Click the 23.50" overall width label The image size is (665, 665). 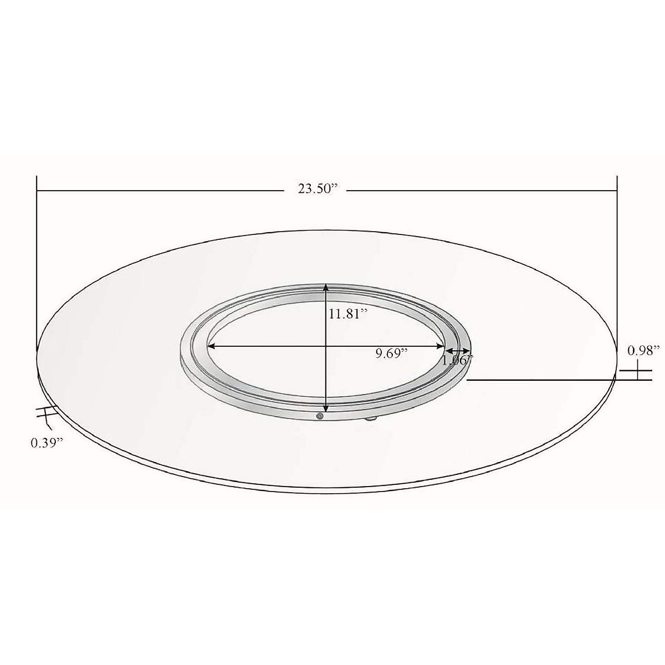coord(318,188)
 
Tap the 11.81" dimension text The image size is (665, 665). coord(348,314)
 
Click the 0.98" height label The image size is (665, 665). coord(643,350)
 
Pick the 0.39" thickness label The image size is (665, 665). coord(47,442)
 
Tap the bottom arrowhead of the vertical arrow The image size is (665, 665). coord(326,408)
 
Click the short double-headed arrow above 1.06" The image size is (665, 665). coord(458,351)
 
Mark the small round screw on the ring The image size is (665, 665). coord(319,416)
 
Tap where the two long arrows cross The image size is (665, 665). coord(326,347)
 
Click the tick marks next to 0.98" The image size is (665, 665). coord(638,372)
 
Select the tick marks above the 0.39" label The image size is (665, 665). coord(47,413)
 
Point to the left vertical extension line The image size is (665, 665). coord(37,260)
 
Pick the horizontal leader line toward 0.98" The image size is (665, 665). coord(543,380)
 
